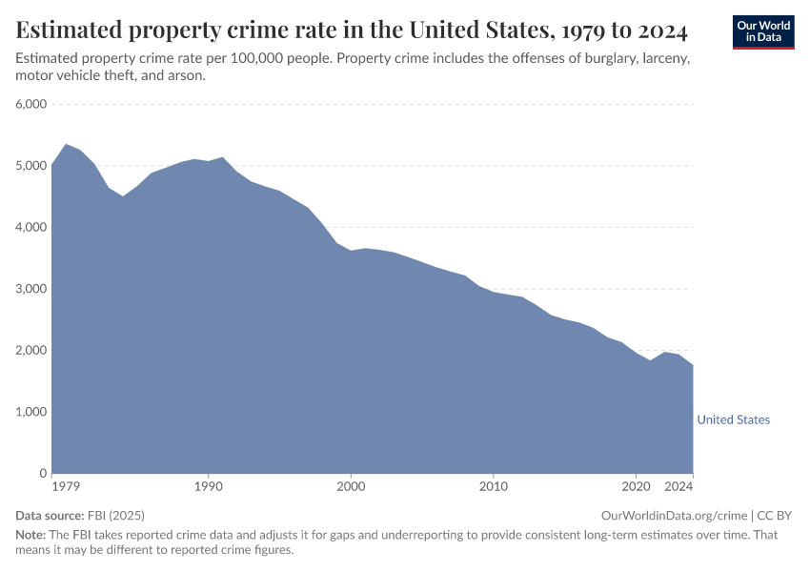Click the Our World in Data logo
(762, 31)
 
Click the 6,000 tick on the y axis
(31, 104)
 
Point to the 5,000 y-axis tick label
(31, 166)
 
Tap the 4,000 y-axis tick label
(31, 227)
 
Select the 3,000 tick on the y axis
(31, 289)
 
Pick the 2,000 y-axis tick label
(31, 350)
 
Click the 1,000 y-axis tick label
(31, 412)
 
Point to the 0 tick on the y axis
(43, 473)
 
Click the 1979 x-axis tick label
(66, 487)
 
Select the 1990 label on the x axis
(209, 487)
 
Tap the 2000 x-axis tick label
(351, 487)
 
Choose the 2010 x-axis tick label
(494, 487)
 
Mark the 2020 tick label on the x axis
(636, 487)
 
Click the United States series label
(733, 419)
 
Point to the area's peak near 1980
(66, 145)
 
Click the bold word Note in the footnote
(30, 535)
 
